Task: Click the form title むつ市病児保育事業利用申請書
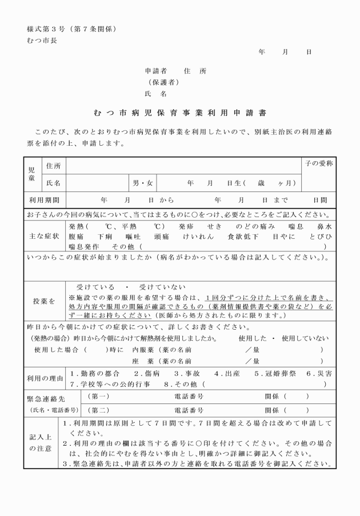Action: [179, 113]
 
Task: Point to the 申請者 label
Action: [155, 71]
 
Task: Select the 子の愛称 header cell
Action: [318, 165]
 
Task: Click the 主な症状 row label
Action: [45, 236]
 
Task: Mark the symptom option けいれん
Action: [198, 236]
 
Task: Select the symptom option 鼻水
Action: [324, 226]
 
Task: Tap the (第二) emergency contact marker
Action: [98, 410]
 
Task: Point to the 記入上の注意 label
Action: [41, 443]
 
